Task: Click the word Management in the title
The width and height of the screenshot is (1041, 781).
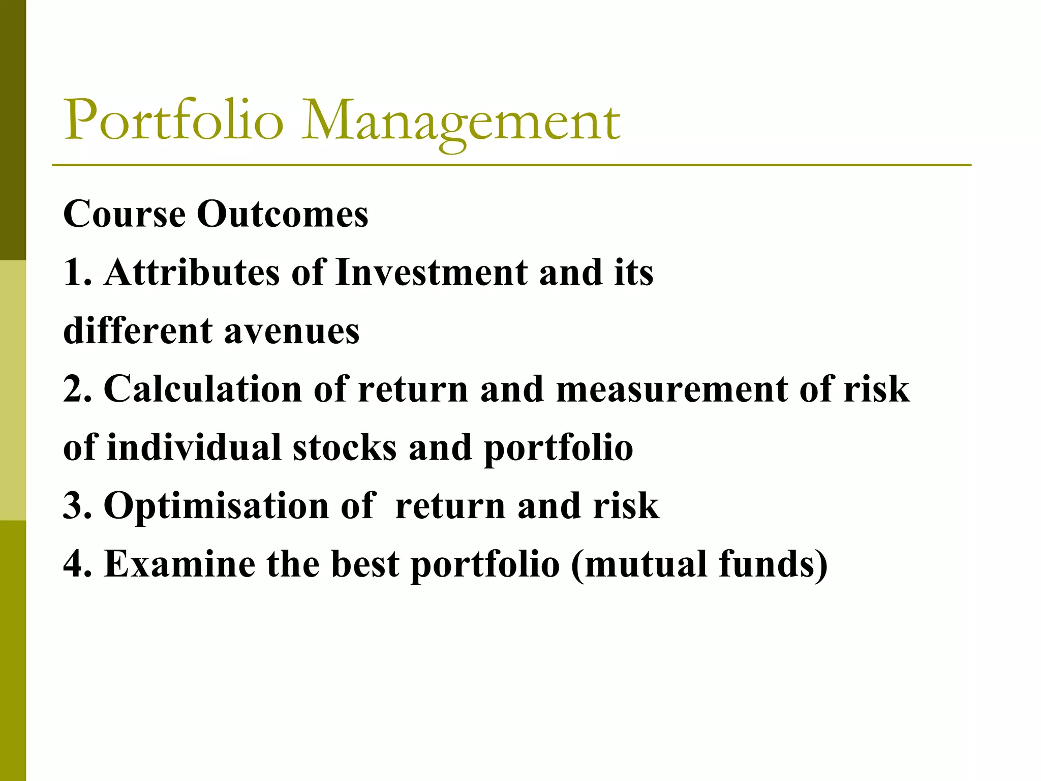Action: tap(460, 122)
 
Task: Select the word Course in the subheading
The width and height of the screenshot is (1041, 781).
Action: tap(124, 214)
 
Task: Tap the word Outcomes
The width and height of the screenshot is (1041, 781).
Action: tap(282, 214)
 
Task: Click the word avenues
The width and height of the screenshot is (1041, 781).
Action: tap(292, 331)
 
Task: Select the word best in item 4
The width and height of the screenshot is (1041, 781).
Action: tap(365, 564)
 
